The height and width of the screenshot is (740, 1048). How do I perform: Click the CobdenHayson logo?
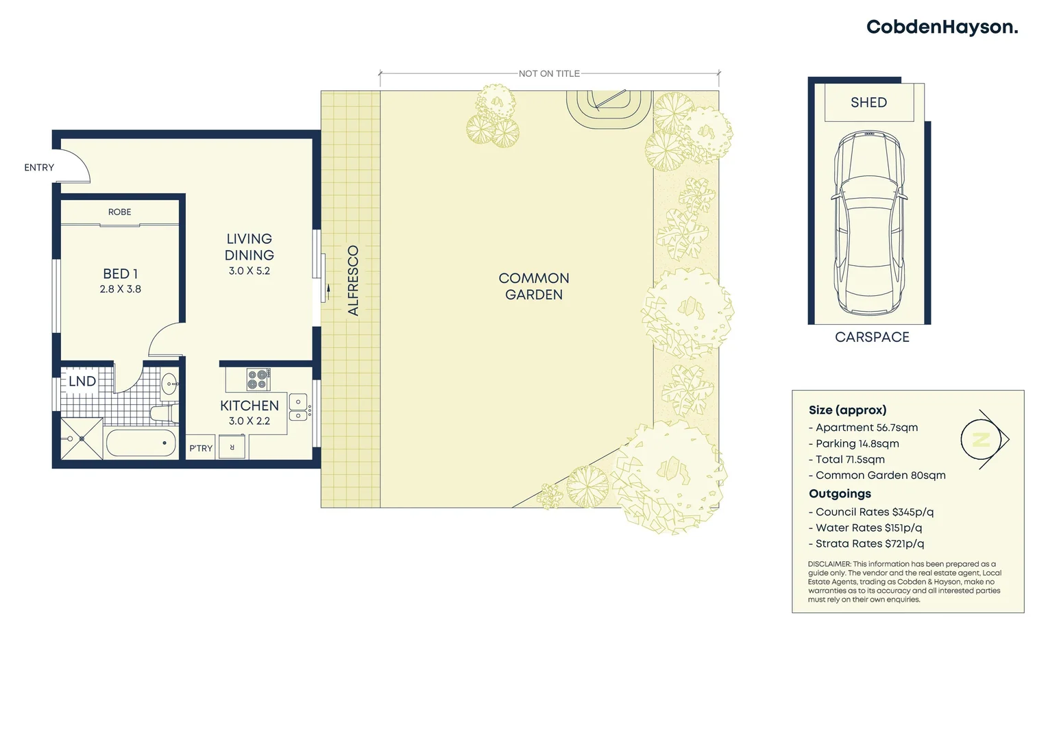point(941,27)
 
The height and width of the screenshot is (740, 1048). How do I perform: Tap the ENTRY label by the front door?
point(39,168)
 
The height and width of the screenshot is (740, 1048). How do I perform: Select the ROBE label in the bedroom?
point(119,212)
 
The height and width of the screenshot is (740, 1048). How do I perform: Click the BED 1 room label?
point(120,274)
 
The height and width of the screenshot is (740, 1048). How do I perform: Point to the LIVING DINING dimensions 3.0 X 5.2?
point(249,271)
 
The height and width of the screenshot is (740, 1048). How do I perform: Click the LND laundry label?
point(82,382)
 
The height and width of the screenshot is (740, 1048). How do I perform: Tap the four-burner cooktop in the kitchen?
point(258,379)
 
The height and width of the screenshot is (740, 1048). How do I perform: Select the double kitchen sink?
point(298,408)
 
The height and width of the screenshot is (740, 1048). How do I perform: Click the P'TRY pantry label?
point(201,448)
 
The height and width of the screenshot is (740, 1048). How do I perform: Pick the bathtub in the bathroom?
point(141,443)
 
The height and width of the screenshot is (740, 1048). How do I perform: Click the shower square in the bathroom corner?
point(82,439)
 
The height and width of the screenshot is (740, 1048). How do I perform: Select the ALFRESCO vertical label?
point(353,281)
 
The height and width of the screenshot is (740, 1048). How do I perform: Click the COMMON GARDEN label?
point(533,286)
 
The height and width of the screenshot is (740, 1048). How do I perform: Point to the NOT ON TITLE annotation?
point(549,73)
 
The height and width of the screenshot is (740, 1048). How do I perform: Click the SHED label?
point(868,103)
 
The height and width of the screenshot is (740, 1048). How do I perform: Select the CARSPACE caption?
point(872,337)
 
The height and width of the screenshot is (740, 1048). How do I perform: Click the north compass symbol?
point(982,440)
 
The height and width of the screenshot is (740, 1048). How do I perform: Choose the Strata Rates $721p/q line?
point(869,544)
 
